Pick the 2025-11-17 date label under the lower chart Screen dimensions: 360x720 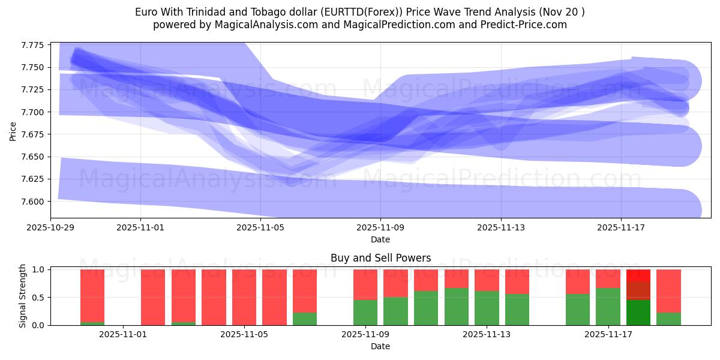pyautogui.click(x=608, y=335)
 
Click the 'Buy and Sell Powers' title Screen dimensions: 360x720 pyautogui.click(x=380, y=259)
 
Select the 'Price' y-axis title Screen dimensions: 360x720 pyautogui.click(x=14, y=130)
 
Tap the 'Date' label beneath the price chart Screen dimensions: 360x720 pyautogui.click(x=380, y=239)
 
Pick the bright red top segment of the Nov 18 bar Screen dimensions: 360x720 pyautogui.click(x=638, y=275)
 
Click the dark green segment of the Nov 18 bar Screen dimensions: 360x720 pyautogui.click(x=638, y=313)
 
